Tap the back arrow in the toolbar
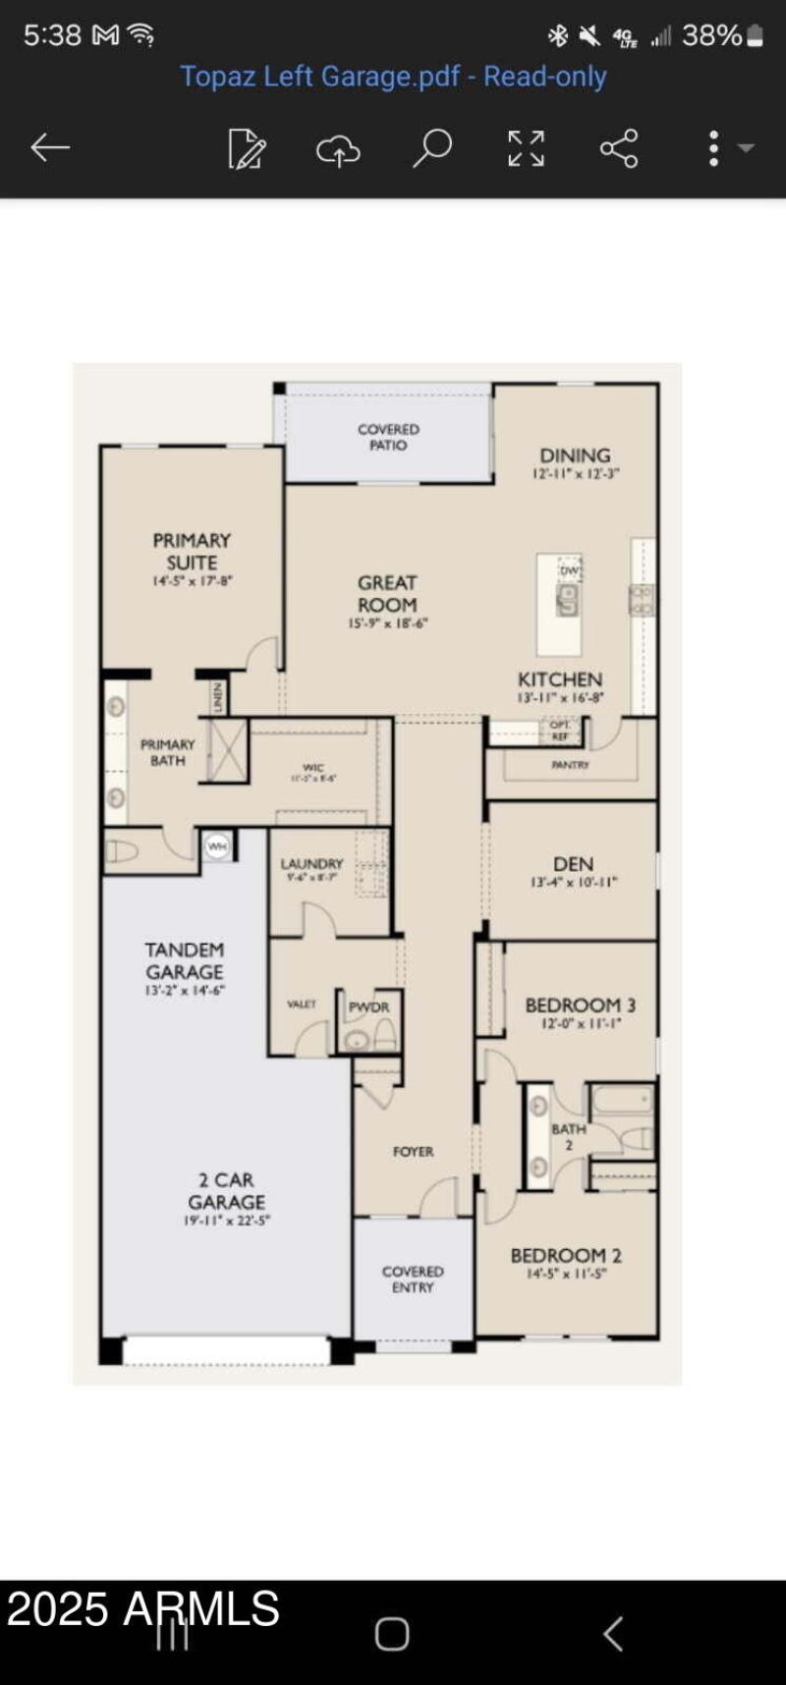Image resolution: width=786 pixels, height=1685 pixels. pyautogui.click(x=49, y=148)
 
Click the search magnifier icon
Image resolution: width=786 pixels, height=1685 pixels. pyautogui.click(x=431, y=148)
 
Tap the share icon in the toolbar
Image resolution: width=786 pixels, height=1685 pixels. pyautogui.click(x=619, y=148)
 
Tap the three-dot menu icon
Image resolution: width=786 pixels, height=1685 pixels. pyautogui.click(x=714, y=148)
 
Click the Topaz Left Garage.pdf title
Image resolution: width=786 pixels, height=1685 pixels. pyautogui.click(x=393, y=77)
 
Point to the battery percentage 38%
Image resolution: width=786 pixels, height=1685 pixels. pyautogui.click(x=712, y=35)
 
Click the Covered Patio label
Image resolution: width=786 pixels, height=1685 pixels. pyautogui.click(x=388, y=437)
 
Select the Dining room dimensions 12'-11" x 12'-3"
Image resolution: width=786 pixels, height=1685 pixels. pyautogui.click(x=576, y=473)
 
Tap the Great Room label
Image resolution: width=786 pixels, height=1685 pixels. pyautogui.click(x=387, y=593)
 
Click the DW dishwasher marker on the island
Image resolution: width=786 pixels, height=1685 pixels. pyautogui.click(x=570, y=570)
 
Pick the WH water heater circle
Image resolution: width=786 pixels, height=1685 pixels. pyautogui.click(x=217, y=845)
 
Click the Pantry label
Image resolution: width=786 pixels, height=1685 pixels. pyautogui.click(x=570, y=764)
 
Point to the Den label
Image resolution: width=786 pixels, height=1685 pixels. pyautogui.click(x=573, y=863)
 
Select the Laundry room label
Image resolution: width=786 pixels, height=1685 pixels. pyautogui.click(x=311, y=863)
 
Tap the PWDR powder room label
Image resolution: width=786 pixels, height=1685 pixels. pyautogui.click(x=369, y=1006)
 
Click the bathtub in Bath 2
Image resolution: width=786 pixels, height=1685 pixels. pyautogui.click(x=622, y=1099)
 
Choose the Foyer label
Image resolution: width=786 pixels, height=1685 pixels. pyautogui.click(x=413, y=1151)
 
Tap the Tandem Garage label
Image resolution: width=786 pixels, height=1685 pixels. pyautogui.click(x=185, y=960)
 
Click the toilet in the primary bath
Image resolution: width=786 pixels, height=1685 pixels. pyautogui.click(x=122, y=851)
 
